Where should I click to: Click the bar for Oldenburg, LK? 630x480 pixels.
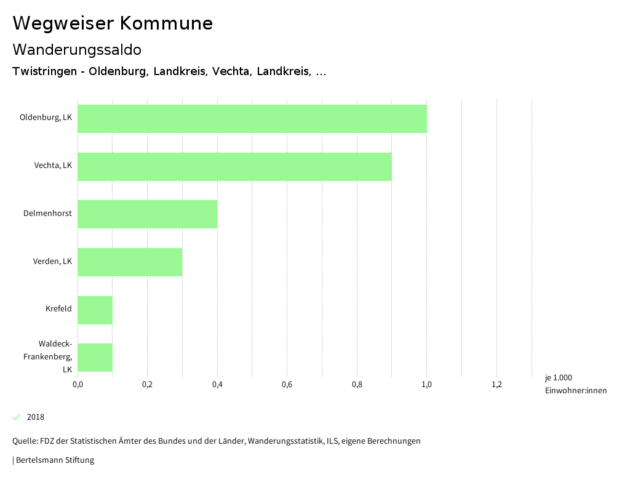point(252,119)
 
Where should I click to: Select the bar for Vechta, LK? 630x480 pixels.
point(234,166)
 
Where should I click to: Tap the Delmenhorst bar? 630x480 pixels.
point(148,214)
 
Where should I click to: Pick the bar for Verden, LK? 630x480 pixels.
point(130,262)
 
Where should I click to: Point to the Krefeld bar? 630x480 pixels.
point(95,310)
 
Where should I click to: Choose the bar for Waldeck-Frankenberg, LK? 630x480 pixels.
point(95,358)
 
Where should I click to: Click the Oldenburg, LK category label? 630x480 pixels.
point(46,118)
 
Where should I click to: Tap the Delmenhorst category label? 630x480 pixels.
point(47,214)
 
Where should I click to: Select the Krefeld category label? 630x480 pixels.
point(58,309)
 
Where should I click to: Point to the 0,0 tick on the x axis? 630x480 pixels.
point(78,385)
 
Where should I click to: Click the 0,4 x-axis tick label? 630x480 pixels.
point(217,385)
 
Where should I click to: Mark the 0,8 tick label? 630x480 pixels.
point(357,385)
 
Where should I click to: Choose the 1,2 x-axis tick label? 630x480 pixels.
point(496,385)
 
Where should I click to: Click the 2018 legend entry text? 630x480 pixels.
point(36,417)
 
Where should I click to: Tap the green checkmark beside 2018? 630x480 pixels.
point(17,417)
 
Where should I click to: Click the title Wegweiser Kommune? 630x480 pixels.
point(113,23)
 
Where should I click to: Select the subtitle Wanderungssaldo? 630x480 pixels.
point(77,49)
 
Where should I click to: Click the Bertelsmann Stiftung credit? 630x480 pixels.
point(55,460)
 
